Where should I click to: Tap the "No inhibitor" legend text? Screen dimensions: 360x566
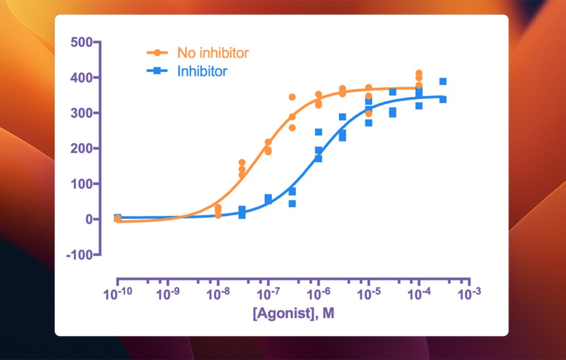(x=213, y=52)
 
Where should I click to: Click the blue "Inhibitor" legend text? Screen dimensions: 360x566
(x=202, y=71)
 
